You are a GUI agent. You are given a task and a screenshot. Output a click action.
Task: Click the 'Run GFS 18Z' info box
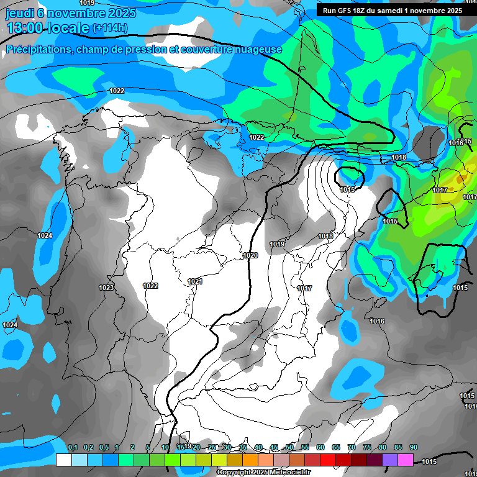tap(389, 11)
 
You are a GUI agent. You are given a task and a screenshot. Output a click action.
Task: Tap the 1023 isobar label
tap(106, 288)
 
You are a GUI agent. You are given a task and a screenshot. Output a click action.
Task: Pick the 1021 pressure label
tap(195, 281)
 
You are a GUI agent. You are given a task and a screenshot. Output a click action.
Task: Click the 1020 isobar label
tap(250, 255)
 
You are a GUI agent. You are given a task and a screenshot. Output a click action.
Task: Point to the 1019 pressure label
tap(277, 244)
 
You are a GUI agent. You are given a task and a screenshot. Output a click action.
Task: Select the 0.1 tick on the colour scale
tap(72, 447)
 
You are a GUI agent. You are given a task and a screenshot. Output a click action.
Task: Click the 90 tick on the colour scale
tap(414, 447)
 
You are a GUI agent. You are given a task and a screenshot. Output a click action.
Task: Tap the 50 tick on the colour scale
tap(289, 447)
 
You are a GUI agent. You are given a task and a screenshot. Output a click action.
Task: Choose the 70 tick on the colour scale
tap(352, 447)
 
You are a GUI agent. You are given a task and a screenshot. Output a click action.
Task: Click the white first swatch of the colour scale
tap(63, 460)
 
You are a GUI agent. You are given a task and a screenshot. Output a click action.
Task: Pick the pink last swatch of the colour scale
tap(406, 460)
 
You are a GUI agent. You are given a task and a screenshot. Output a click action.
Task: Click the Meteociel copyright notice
tap(254, 472)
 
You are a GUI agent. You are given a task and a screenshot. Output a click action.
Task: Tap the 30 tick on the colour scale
tap(227, 447)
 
